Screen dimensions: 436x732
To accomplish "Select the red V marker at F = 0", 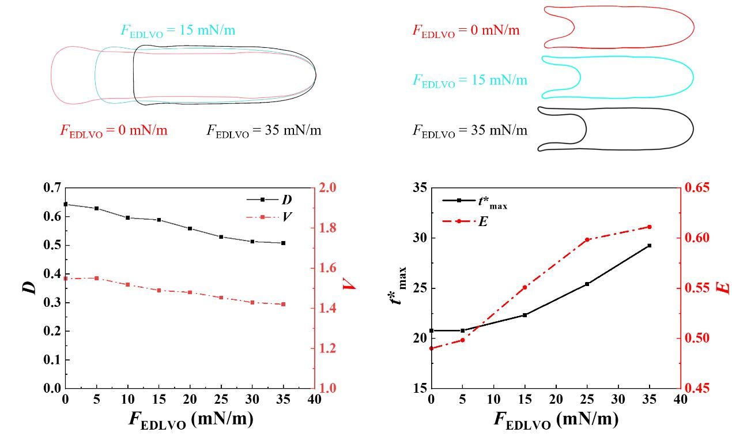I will (x=66, y=279).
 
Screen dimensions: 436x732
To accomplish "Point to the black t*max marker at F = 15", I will (x=525, y=315).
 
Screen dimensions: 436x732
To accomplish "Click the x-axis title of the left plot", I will (x=190, y=420).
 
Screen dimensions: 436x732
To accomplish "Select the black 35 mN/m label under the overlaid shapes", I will (x=264, y=131).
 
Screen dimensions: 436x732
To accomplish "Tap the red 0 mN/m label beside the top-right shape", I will (x=466, y=31).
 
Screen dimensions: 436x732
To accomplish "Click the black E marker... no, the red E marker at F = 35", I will (x=650, y=227).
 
